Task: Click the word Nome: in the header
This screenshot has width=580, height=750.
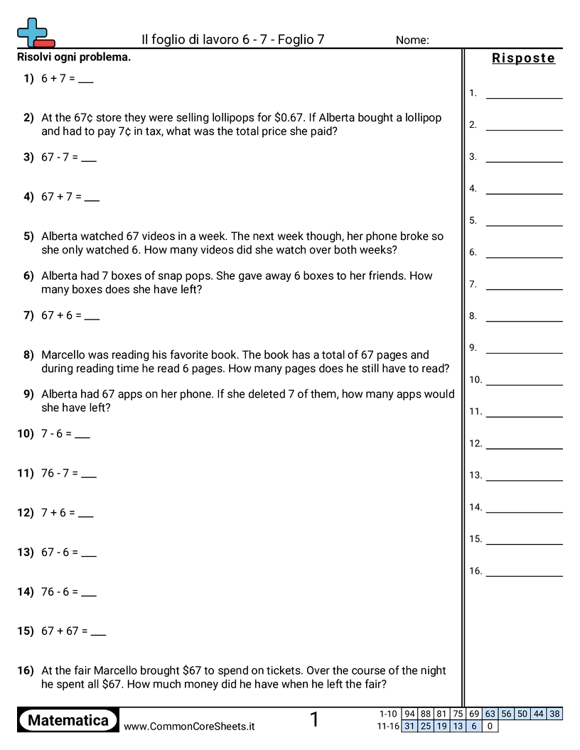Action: click(x=412, y=40)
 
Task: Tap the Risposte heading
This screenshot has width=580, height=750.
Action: click(x=523, y=58)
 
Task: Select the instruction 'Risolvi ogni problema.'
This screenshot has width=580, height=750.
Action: click(x=74, y=57)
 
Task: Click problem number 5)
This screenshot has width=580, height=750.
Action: click(x=28, y=236)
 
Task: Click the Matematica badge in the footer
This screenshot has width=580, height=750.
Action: click(x=68, y=720)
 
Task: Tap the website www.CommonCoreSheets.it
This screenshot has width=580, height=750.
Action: click(x=189, y=726)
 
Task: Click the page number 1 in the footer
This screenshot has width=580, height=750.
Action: click(x=314, y=720)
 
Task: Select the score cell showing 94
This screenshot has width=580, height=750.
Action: click(x=409, y=714)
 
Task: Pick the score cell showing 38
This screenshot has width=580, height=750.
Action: click(x=555, y=714)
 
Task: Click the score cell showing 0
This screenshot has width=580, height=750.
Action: click(x=490, y=726)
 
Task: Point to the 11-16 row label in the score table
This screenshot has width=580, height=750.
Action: click(x=387, y=726)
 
